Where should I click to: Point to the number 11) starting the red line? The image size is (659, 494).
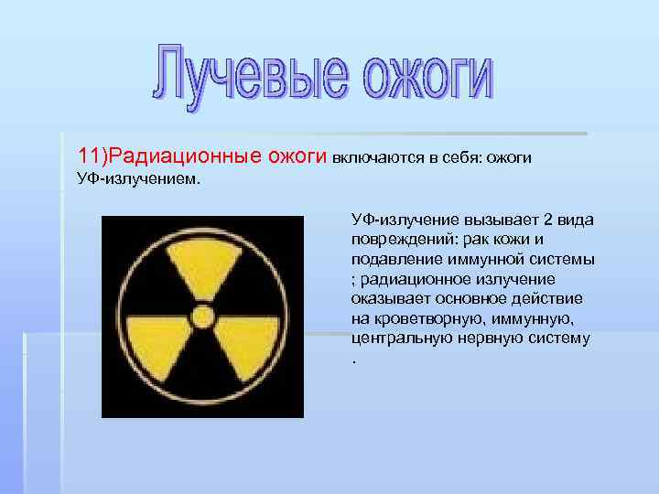click(94, 156)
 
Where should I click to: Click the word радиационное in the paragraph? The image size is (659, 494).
click(408, 279)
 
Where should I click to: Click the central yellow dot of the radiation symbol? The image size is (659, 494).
click(202, 317)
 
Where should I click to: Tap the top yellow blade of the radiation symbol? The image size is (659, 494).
click(202, 266)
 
